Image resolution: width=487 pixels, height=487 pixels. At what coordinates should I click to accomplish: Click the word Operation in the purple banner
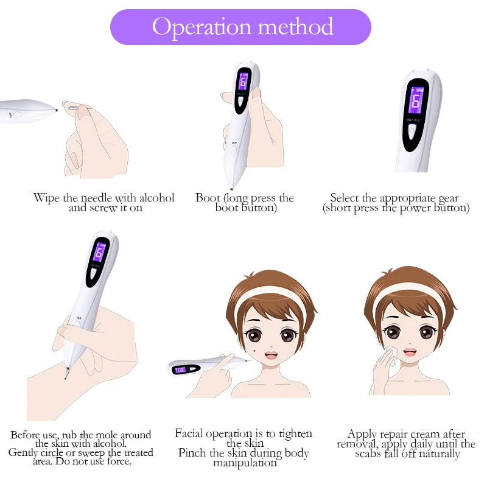click(201, 27)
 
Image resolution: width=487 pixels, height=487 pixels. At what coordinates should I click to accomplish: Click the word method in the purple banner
click(296, 26)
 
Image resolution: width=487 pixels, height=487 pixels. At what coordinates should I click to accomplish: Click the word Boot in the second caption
click(208, 197)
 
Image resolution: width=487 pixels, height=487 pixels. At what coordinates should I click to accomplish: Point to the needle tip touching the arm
click(66, 378)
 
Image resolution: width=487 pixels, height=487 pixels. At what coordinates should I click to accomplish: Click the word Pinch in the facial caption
click(192, 453)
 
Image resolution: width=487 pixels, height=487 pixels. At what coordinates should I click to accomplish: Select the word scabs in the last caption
click(368, 454)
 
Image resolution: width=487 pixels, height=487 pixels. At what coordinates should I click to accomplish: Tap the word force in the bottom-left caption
click(119, 461)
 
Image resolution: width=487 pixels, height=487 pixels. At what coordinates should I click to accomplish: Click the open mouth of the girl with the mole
click(271, 356)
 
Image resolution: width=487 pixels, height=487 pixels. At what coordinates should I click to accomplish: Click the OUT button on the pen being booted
click(234, 149)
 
